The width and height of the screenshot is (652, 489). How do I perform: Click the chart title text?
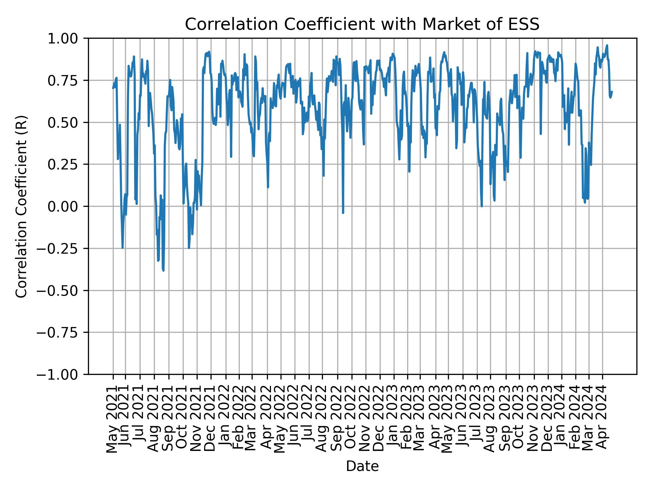[362, 24]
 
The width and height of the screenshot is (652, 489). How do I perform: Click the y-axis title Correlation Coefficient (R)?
[21, 206]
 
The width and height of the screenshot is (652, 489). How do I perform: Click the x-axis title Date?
[362, 466]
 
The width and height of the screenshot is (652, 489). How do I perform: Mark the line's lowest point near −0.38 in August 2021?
[163, 271]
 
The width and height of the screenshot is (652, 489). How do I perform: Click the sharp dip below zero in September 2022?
[343, 213]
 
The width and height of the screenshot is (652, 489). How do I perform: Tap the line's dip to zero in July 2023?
[482, 206]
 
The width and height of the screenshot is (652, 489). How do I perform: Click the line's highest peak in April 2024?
[607, 45]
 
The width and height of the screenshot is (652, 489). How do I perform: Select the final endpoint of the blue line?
[612, 91]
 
